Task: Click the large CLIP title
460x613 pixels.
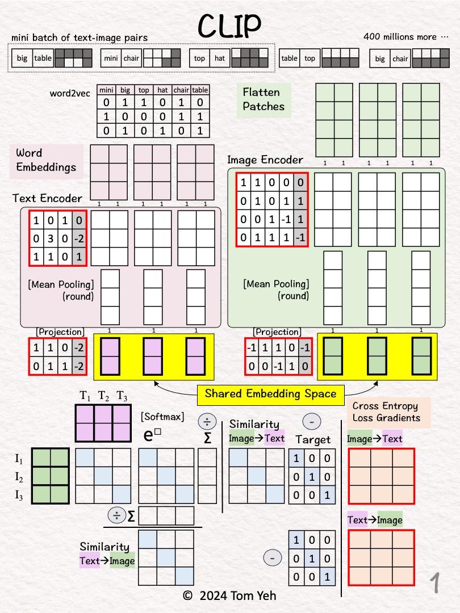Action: [x=229, y=24]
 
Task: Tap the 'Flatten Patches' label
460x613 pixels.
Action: [x=264, y=99]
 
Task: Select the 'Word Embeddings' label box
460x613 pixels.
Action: [x=46, y=159]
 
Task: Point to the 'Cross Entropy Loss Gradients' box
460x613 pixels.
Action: [x=386, y=412]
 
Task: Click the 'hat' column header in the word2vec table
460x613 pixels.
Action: [x=162, y=90]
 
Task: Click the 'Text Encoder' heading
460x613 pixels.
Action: [x=48, y=198]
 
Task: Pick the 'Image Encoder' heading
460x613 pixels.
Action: [x=265, y=159]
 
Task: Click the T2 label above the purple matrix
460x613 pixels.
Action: [x=103, y=396]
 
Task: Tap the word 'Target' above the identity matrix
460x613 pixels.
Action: [x=313, y=439]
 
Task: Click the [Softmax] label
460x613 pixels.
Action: [x=162, y=417]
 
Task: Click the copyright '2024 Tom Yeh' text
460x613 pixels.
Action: [x=230, y=595]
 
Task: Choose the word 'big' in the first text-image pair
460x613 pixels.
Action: [x=22, y=58]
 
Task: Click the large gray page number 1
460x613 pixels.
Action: [x=435, y=583]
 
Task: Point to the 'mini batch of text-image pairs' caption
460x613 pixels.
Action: [x=80, y=38]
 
